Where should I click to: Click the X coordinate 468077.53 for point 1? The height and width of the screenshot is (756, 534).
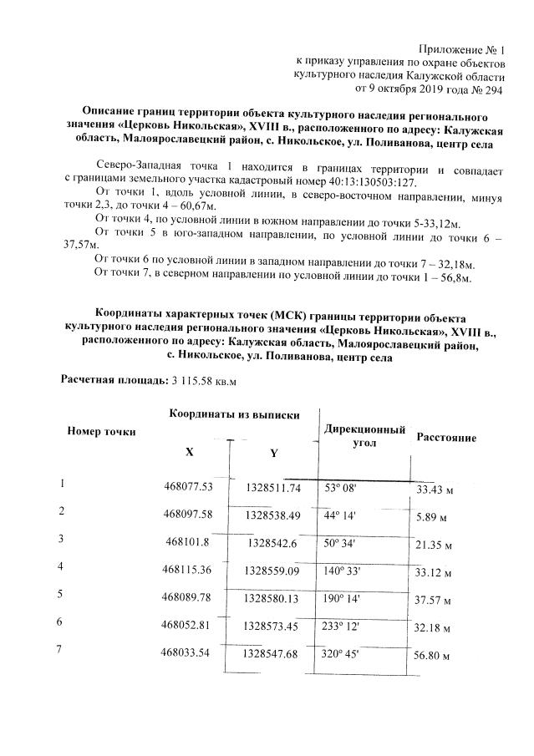point(189,486)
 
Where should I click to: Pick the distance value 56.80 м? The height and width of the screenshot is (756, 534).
point(434,655)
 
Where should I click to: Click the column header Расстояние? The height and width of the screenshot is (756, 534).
point(447,437)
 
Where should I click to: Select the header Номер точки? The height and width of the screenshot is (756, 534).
point(102,431)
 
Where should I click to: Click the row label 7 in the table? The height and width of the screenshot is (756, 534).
point(59,650)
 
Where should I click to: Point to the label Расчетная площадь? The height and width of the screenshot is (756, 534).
point(113,380)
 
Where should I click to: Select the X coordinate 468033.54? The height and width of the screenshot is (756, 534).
point(189,651)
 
